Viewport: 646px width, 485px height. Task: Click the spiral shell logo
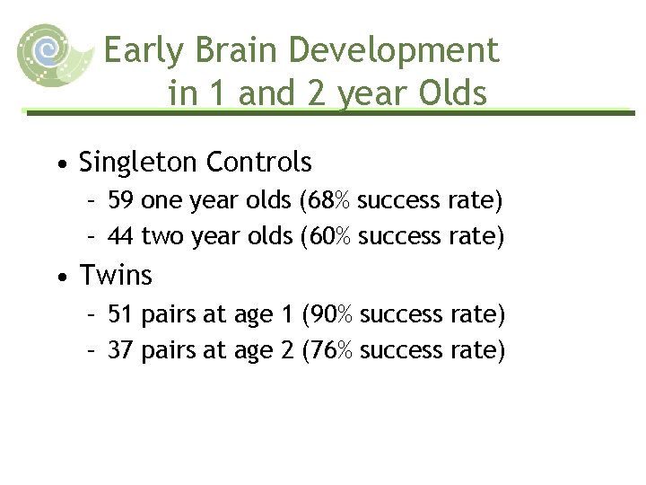(52, 54)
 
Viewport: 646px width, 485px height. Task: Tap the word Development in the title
(396, 51)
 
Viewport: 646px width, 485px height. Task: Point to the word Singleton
(138, 163)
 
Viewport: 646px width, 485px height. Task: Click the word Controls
(259, 163)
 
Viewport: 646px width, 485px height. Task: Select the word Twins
(116, 276)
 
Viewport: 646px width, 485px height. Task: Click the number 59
(122, 199)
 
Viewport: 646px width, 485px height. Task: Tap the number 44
(122, 236)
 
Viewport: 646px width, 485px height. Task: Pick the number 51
(122, 314)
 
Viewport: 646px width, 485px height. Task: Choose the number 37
(122, 349)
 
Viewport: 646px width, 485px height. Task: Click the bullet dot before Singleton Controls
(59, 165)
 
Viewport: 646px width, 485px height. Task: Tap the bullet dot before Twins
(59, 278)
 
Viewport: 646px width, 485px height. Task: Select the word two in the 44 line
(161, 236)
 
